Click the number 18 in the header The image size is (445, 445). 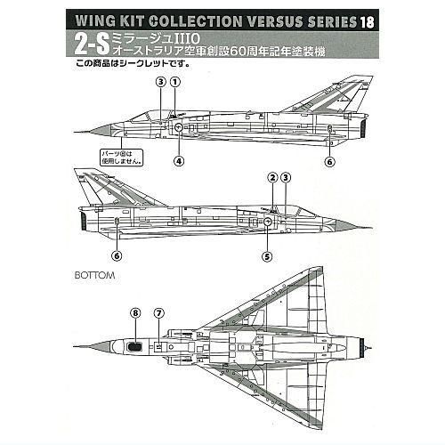point(367,21)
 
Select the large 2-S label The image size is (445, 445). point(92,44)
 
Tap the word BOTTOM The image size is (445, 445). point(94,275)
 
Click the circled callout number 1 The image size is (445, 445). point(175,82)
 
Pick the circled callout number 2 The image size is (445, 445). point(272,178)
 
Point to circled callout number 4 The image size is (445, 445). point(179,161)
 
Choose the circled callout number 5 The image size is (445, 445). point(267,256)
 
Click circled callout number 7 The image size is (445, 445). point(159,313)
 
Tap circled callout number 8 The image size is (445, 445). point(135,313)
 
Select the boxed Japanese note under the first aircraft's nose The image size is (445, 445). point(122,158)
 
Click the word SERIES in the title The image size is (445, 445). point(332,21)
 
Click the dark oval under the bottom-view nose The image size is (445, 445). point(134,346)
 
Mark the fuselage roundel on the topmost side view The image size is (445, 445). point(179,127)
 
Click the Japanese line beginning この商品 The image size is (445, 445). point(133,63)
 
